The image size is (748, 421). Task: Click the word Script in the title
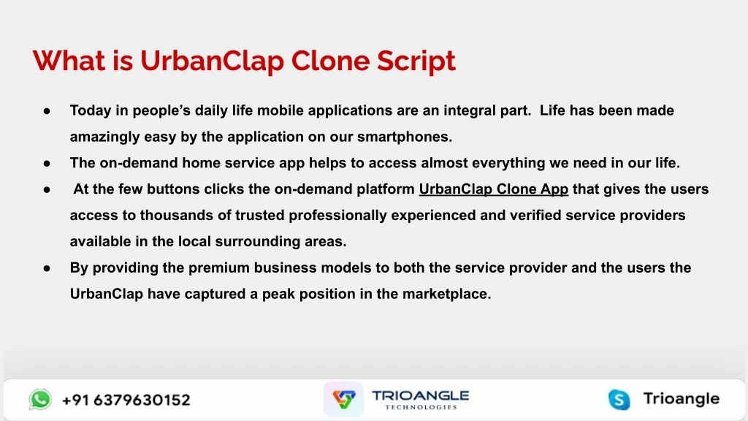click(x=416, y=61)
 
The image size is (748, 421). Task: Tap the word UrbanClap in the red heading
click(x=213, y=61)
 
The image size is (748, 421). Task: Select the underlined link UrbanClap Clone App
click(x=494, y=189)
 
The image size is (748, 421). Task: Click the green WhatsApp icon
click(x=40, y=400)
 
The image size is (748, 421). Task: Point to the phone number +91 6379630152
click(x=126, y=400)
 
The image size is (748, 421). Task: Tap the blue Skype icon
click(x=619, y=400)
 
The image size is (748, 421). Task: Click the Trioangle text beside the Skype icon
click(x=682, y=398)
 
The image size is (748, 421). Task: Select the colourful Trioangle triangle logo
click(x=344, y=399)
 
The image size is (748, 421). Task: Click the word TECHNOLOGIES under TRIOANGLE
click(x=421, y=407)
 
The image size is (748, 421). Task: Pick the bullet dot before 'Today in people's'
click(x=47, y=111)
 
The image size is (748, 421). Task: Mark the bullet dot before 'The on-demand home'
click(x=47, y=164)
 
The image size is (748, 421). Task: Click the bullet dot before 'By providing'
click(x=47, y=268)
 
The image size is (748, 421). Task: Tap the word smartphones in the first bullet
click(x=405, y=137)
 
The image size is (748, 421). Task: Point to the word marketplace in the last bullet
click(x=446, y=294)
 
